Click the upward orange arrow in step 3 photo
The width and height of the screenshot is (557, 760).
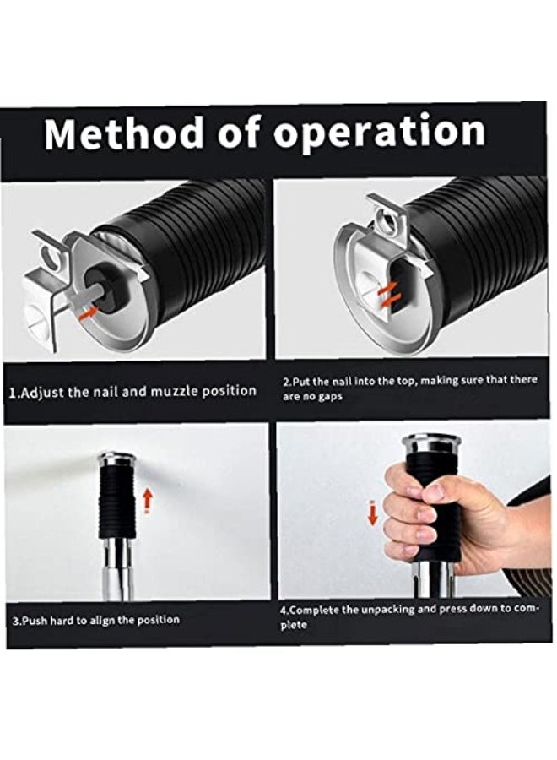pyautogui.click(x=148, y=500)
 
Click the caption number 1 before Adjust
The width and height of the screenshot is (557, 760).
pyautogui.click(x=14, y=392)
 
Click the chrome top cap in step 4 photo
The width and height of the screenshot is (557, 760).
pyautogui.click(x=430, y=445)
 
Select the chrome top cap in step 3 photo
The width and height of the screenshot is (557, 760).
pyautogui.click(x=116, y=459)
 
